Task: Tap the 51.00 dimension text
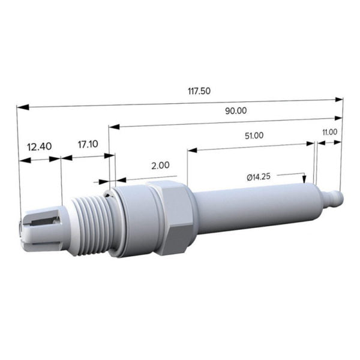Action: point(253,136)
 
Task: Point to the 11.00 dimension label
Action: point(329,132)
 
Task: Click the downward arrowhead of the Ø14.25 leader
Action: point(305,179)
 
